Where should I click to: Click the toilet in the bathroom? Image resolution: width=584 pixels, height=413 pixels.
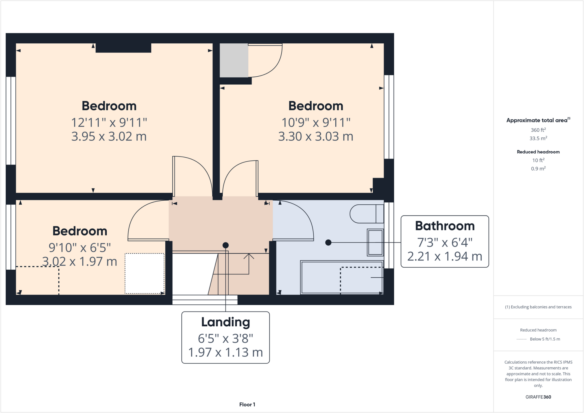(366, 214)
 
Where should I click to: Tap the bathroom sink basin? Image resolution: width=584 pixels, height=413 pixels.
(375, 242)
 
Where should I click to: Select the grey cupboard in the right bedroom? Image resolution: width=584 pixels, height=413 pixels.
(234, 60)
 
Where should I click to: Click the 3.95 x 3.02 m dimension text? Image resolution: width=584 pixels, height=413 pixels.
(109, 137)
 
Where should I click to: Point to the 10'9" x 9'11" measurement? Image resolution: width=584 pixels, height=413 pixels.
(316, 123)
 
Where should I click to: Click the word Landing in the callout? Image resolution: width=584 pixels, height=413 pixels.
(226, 322)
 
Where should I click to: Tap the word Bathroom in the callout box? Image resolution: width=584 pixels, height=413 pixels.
(445, 226)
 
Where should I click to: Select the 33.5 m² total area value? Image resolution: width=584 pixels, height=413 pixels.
(538, 139)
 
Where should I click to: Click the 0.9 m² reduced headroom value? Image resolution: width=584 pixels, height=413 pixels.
(538, 169)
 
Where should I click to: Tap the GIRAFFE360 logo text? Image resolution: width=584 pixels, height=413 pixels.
(538, 397)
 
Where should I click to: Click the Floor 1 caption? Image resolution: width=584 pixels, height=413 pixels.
(247, 404)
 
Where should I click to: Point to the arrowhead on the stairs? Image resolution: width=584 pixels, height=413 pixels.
(249, 255)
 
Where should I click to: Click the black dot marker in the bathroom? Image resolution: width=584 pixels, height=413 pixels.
(328, 243)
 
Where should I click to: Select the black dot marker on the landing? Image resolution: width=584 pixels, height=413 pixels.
(226, 245)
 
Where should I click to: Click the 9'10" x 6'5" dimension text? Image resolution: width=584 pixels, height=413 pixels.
(80, 248)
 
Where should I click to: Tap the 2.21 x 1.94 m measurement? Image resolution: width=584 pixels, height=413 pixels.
(445, 257)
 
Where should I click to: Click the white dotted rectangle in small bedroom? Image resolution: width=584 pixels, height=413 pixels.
(145, 273)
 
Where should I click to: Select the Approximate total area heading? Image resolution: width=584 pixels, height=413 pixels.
(537, 120)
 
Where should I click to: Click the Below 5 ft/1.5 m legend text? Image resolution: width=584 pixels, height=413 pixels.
(545, 339)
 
